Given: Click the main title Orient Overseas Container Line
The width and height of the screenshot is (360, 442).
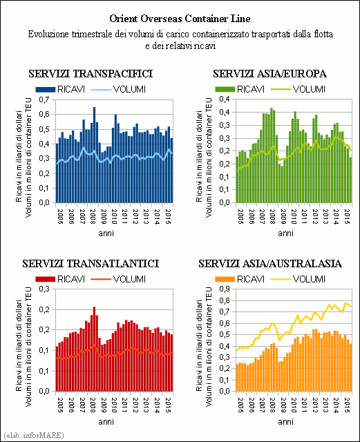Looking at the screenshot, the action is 180,19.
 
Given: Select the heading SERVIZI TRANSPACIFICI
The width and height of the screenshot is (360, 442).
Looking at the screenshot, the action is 91,74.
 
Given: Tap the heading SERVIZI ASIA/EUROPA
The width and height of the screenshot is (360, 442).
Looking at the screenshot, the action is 269,74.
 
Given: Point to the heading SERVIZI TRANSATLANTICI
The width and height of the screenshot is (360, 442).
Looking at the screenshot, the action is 91,264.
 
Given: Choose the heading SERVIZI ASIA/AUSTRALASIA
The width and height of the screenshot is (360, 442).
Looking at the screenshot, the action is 270,264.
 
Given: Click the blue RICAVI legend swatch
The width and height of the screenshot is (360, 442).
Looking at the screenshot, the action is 45,90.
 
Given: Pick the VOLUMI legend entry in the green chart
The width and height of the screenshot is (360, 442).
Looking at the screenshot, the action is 298,89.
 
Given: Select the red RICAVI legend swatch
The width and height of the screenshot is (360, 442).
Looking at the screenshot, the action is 45,279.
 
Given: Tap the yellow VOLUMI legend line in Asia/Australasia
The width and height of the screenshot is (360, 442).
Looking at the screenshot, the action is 280,279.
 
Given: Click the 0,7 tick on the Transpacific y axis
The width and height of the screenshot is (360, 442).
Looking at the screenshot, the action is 44,99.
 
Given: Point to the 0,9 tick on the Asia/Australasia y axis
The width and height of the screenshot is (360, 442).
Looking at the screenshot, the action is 225,289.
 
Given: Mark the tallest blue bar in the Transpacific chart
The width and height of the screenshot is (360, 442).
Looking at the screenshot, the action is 95,155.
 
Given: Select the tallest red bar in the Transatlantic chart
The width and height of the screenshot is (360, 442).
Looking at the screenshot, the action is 95,349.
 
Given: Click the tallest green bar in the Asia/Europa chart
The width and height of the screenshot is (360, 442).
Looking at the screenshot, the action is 272,155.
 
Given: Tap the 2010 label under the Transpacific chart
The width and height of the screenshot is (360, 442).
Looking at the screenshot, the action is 114,216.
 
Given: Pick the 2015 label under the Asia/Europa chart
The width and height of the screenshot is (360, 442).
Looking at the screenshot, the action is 348,216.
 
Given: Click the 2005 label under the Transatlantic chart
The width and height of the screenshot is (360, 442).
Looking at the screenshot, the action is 60,405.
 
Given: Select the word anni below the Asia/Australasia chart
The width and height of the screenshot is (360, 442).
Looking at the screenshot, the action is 285,422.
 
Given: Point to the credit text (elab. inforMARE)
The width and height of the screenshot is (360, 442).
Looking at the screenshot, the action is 34,435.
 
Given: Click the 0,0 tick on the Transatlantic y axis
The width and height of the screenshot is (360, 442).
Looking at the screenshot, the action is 44,392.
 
